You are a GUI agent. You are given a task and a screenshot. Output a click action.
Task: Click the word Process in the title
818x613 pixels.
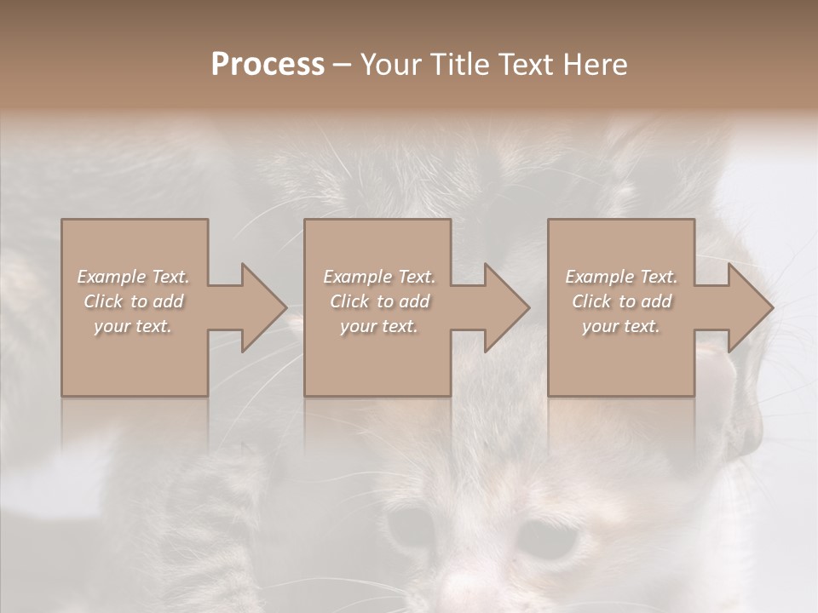[x=268, y=65]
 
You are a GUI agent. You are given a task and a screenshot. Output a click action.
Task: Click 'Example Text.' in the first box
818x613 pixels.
[x=133, y=277]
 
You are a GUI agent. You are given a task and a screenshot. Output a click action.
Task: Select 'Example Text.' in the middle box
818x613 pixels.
[x=378, y=277]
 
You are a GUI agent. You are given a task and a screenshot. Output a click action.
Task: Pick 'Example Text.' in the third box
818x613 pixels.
[x=621, y=277]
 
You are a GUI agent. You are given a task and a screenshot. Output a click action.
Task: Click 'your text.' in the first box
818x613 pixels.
[x=133, y=326]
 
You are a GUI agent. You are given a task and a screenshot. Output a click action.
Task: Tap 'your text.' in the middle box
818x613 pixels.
[x=378, y=326]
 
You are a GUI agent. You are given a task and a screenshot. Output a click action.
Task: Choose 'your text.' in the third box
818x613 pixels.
[x=621, y=326]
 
